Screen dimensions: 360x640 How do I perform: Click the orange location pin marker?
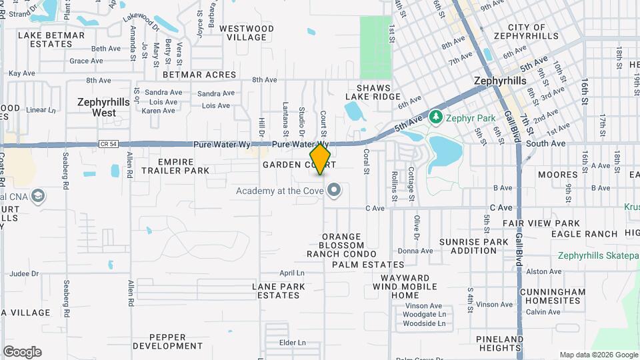[x=321, y=159]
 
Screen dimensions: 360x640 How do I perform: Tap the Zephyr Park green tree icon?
[x=436, y=117]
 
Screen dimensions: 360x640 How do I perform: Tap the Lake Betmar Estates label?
[x=51, y=39]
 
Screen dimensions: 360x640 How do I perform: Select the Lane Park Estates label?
[x=279, y=291]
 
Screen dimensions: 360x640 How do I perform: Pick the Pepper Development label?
[x=167, y=341]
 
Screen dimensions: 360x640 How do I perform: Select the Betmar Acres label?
[x=199, y=75]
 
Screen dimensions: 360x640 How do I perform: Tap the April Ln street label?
[x=291, y=273]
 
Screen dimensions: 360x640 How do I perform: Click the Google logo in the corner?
[x=22, y=352]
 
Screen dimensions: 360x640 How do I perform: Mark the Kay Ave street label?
[x=21, y=73]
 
